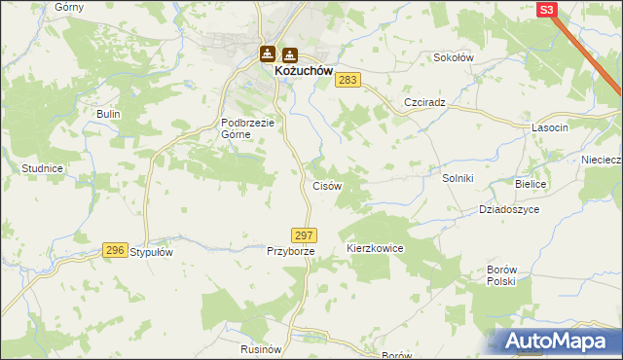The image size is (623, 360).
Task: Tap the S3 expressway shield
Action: pos(547,10)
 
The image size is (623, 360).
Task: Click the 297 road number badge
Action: pos(304,235)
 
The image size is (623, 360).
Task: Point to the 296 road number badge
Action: pos(115,250)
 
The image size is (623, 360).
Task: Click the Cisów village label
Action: pos(325,185)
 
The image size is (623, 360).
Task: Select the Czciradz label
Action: pos(424,102)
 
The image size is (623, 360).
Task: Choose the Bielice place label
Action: pos(531,184)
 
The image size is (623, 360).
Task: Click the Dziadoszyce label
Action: pos(509,209)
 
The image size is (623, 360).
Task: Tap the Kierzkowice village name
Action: pos(375,249)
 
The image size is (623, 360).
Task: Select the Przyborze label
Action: pos(291,251)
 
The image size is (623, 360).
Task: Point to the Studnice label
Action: pos(42,168)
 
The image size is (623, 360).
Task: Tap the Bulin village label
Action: pos(107,114)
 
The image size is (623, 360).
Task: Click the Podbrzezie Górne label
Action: pos(249,128)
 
